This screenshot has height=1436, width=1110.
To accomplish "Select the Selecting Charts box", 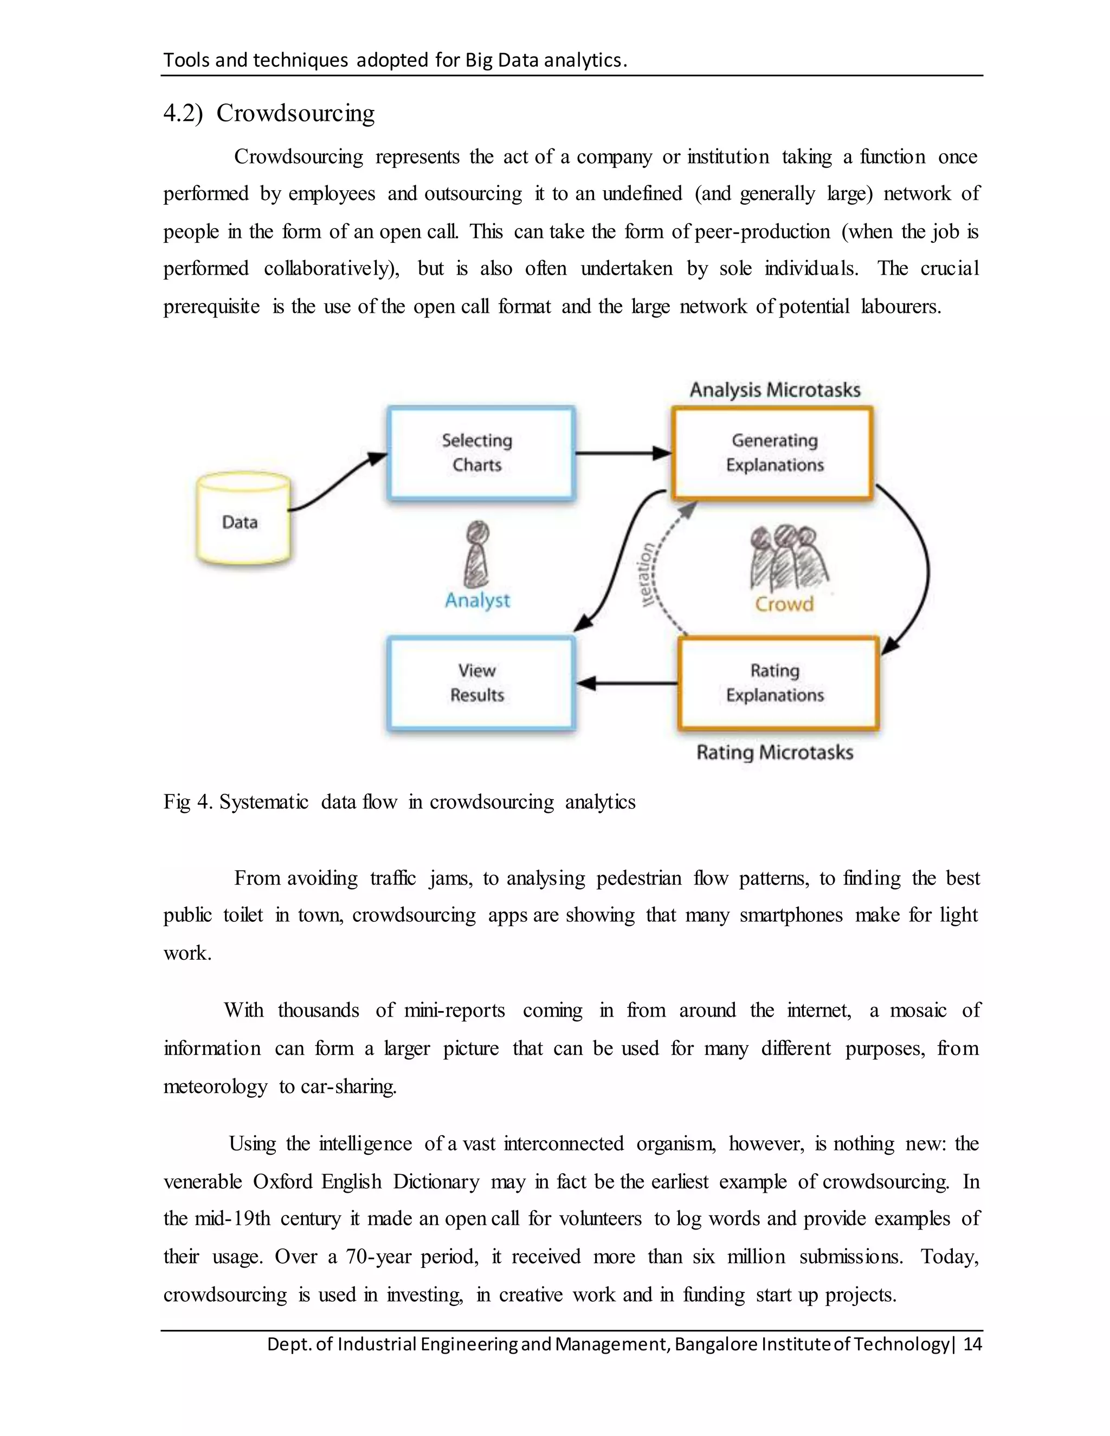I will (480, 453).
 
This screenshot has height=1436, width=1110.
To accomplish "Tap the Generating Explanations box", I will (773, 453).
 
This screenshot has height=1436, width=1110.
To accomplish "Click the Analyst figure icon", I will (477, 554).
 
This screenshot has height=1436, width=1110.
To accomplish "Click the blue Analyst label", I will (477, 600).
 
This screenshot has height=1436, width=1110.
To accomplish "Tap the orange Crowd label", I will (784, 604).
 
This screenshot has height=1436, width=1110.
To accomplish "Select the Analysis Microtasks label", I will (775, 390).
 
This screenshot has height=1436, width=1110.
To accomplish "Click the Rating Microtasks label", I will (775, 752).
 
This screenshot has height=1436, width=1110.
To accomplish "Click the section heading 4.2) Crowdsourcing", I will (269, 113).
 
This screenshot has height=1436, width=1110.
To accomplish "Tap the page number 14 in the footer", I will (972, 1343).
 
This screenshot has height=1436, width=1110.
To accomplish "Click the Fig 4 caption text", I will (399, 802).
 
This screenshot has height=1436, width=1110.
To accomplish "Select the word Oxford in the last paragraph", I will (284, 1181).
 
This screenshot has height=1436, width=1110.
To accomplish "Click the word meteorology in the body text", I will (215, 1086).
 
